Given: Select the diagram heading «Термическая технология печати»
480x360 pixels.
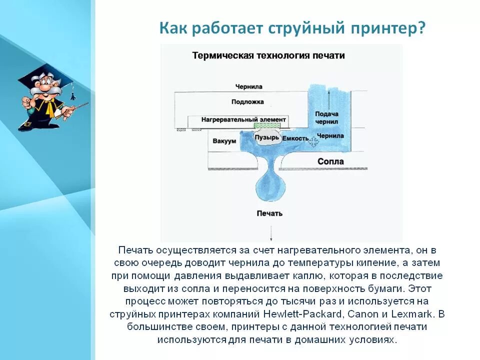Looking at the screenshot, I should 268,55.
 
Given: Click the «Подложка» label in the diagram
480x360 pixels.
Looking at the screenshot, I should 247,102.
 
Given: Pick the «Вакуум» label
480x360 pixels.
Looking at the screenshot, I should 224,141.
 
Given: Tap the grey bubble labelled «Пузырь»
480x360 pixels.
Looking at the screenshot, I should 266,137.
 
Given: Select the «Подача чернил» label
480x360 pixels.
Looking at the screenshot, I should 326,117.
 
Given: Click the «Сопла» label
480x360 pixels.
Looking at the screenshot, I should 330,161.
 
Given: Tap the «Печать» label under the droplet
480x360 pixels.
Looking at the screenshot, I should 269,213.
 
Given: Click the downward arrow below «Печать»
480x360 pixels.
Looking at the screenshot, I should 271,233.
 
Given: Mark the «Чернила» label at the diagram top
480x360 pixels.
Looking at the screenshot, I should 249,86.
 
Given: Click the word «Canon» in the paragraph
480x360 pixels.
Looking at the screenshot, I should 363,314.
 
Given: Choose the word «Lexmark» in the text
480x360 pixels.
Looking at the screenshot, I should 414,314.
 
